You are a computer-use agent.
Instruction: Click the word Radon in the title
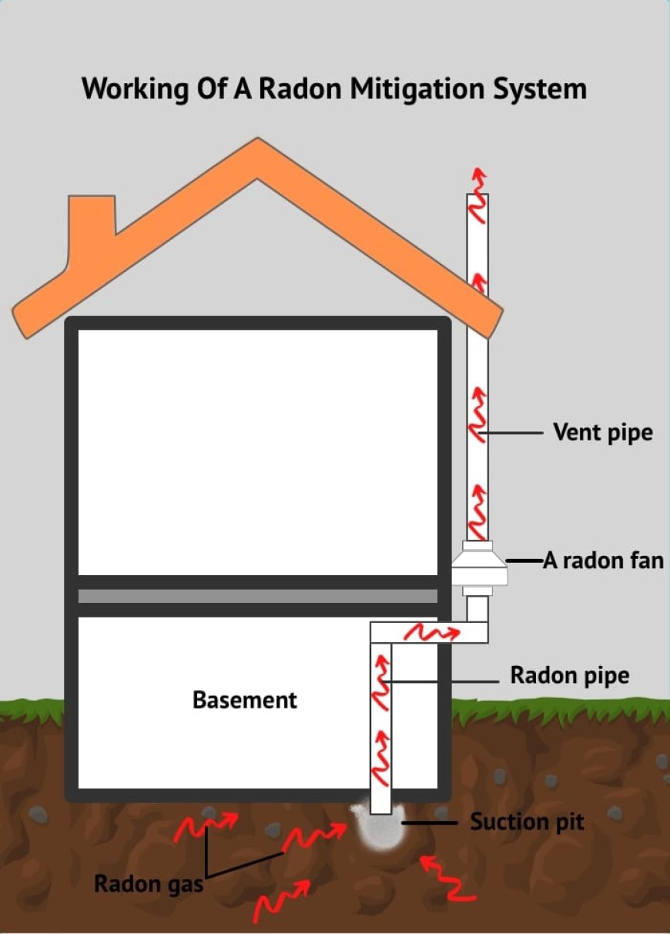(302, 89)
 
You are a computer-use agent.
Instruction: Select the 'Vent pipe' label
(602, 432)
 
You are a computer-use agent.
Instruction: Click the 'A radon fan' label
(603, 560)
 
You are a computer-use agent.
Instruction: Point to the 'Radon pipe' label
(569, 676)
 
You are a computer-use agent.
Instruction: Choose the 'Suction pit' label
(527, 822)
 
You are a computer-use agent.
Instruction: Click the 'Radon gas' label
(149, 883)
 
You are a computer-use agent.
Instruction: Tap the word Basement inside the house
(244, 700)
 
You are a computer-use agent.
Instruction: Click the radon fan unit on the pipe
(477, 569)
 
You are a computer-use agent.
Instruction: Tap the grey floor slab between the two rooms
(258, 596)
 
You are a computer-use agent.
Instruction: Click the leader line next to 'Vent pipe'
(513, 434)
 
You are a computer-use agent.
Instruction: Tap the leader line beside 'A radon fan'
(524, 561)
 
